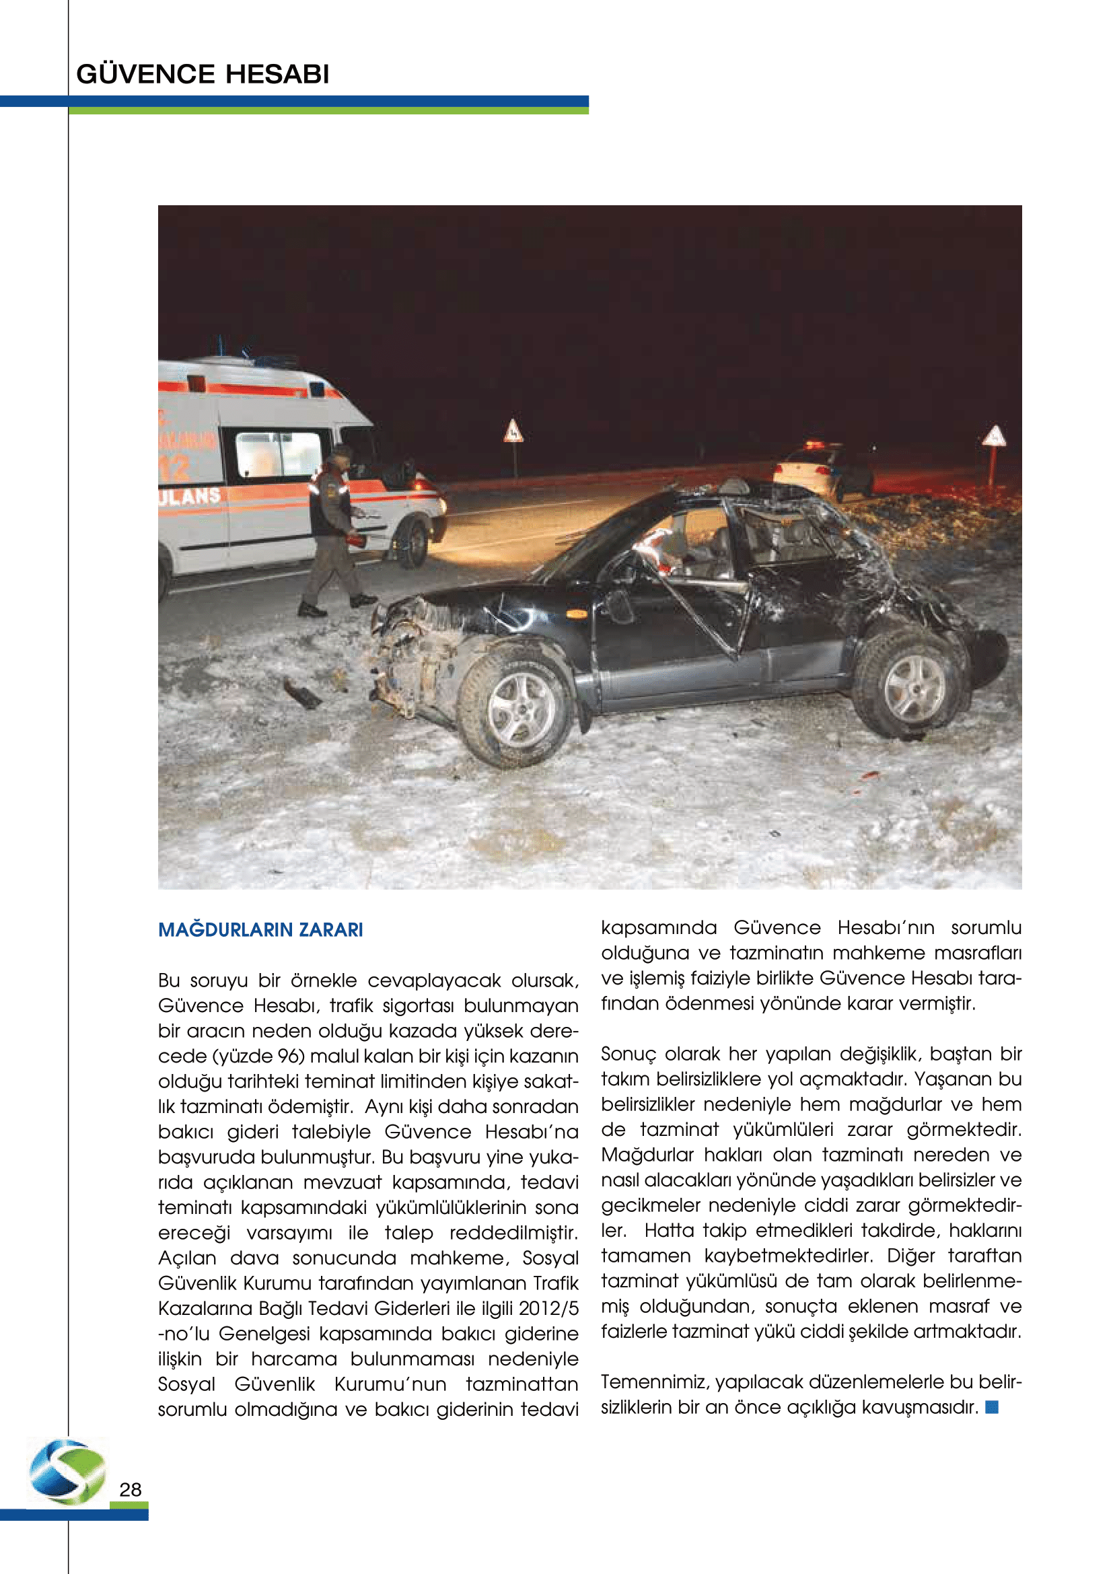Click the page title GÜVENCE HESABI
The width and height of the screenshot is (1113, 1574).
pos(203,74)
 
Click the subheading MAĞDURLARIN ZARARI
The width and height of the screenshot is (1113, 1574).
pos(260,929)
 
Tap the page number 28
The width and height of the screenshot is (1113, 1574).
pos(131,1490)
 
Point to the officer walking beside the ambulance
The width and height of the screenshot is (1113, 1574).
pos(335,532)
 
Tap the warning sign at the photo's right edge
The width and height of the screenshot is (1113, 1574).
pos(993,437)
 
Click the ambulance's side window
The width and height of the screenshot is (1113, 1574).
pos(279,454)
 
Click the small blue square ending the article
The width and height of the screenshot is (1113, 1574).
pos(992,1406)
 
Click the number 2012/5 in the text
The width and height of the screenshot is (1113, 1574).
pos(548,1308)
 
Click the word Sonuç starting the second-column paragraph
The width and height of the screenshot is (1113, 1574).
pos(628,1054)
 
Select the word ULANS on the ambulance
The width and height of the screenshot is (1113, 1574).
pos(190,496)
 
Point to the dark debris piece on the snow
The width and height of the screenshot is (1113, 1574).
pos(302,694)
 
